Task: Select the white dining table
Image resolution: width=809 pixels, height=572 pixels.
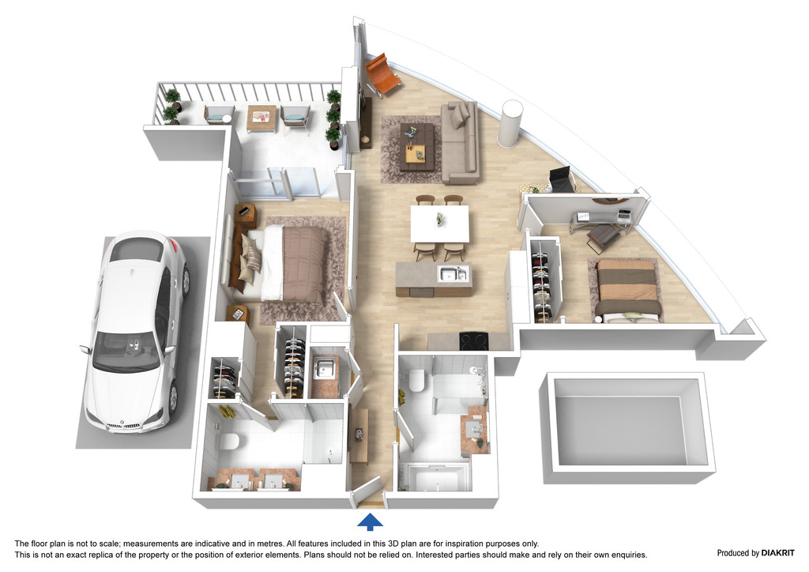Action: click(x=440, y=224)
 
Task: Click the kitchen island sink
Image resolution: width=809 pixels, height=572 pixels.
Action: click(x=453, y=274)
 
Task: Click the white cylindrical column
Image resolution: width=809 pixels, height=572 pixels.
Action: click(x=510, y=124)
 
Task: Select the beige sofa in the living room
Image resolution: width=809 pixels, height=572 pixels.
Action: click(x=461, y=143)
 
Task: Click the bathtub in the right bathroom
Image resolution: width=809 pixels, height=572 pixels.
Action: click(x=438, y=478)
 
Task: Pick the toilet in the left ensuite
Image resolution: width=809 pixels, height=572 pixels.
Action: click(x=229, y=442)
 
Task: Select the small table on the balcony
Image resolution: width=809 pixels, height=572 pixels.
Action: click(x=262, y=119)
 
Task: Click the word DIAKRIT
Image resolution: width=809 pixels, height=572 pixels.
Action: click(x=778, y=553)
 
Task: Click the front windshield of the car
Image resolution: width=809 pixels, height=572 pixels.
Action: click(x=126, y=351)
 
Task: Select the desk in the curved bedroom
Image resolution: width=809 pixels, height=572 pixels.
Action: click(x=602, y=218)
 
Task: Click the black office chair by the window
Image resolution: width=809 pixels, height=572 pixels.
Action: click(x=560, y=180)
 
